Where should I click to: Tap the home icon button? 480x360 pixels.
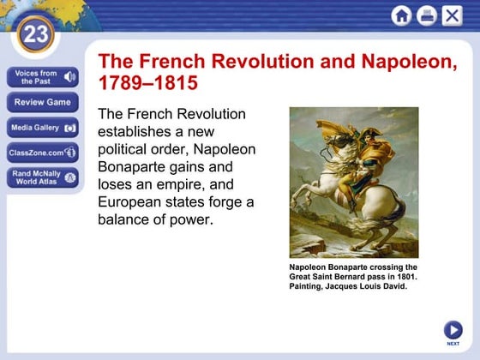tap(401, 15)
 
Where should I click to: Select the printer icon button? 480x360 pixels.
tap(426, 15)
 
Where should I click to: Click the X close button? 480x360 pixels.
tap(452, 15)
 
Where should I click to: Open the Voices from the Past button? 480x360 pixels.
tap(43, 78)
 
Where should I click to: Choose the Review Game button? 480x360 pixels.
tap(43, 103)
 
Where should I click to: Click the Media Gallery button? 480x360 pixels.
tap(43, 129)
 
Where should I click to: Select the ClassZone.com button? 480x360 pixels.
tap(43, 153)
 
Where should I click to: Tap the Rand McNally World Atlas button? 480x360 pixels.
tap(43, 177)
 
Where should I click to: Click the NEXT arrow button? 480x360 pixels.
tap(453, 330)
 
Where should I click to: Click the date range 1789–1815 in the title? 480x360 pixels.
tap(148, 84)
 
